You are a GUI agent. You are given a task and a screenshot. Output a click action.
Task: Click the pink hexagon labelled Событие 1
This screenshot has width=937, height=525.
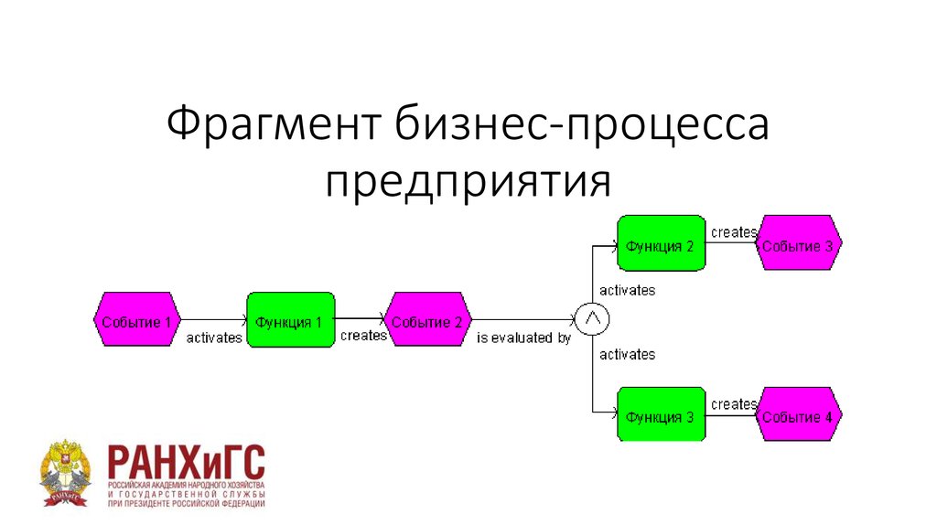point(135,320)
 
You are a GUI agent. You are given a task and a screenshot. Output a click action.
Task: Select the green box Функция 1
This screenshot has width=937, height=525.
point(290,320)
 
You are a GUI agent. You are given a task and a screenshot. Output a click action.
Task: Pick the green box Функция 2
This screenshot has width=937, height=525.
point(661,244)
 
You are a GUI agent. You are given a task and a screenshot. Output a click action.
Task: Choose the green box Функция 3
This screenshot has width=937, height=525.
point(661,415)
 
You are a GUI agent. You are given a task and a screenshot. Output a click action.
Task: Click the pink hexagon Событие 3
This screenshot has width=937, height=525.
point(798,244)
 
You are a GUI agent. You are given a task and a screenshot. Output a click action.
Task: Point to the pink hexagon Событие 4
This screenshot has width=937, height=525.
point(798,415)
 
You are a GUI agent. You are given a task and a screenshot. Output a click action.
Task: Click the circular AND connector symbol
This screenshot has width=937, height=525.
point(592,318)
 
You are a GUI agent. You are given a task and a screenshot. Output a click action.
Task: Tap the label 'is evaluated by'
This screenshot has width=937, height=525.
point(523,337)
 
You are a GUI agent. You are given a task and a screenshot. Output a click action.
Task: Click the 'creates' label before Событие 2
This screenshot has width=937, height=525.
point(363,336)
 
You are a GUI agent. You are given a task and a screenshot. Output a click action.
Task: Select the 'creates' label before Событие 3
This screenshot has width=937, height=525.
point(733,232)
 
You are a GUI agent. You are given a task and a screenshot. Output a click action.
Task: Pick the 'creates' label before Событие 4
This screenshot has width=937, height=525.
point(733,403)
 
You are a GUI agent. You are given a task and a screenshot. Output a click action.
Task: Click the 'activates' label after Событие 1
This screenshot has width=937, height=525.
point(214,337)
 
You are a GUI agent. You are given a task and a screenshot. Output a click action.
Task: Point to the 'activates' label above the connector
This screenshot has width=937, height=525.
point(627,290)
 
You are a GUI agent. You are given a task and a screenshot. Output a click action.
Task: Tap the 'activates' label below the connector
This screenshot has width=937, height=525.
point(627,354)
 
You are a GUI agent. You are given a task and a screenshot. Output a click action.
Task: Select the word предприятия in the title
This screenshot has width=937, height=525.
point(468,179)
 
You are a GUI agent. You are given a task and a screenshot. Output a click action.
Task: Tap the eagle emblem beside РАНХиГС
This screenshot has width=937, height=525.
point(66,475)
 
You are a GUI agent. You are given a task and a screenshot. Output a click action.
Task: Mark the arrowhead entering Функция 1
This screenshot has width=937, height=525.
point(242,320)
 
